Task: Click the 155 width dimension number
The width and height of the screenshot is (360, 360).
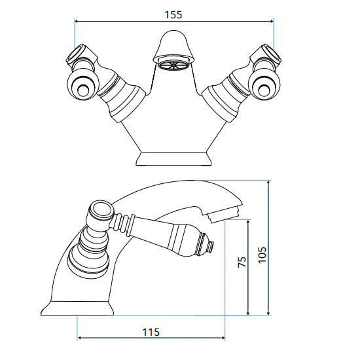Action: click(173, 15)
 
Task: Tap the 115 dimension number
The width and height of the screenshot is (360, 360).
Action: click(151, 333)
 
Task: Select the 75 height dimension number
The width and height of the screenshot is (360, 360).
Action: click(242, 262)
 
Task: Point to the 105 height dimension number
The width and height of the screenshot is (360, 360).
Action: click(262, 255)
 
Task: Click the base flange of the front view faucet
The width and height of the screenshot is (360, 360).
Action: click(173, 158)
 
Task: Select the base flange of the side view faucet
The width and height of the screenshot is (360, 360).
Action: click(77, 308)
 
